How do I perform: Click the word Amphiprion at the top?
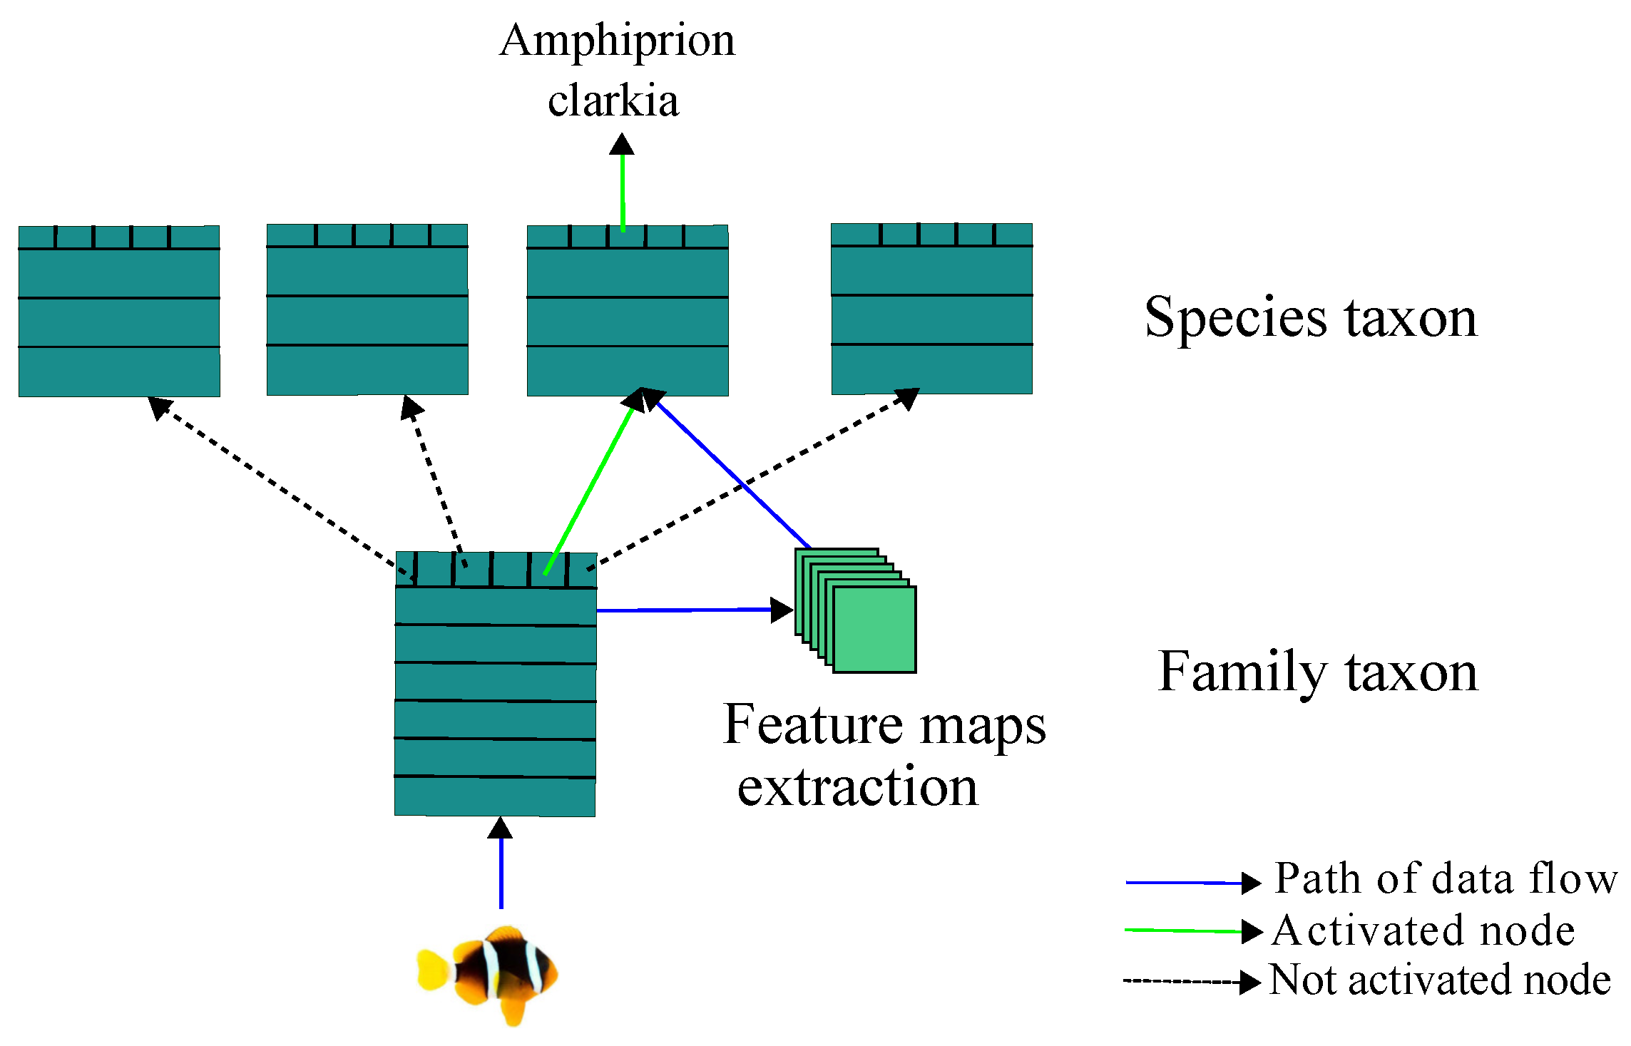pyautogui.click(x=617, y=41)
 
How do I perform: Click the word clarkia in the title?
pyautogui.click(x=613, y=101)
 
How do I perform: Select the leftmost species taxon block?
pyautogui.click(x=119, y=311)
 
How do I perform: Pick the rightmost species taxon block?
pyautogui.click(x=931, y=309)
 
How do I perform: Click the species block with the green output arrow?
pyautogui.click(x=628, y=311)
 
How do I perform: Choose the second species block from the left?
pyautogui.click(x=367, y=309)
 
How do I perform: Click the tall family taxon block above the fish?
pyautogui.click(x=496, y=684)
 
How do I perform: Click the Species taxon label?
pyautogui.click(x=1311, y=317)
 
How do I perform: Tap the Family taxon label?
pyautogui.click(x=1318, y=672)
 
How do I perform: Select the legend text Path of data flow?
pyautogui.click(x=1446, y=878)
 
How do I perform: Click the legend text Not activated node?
pyautogui.click(x=1440, y=980)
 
